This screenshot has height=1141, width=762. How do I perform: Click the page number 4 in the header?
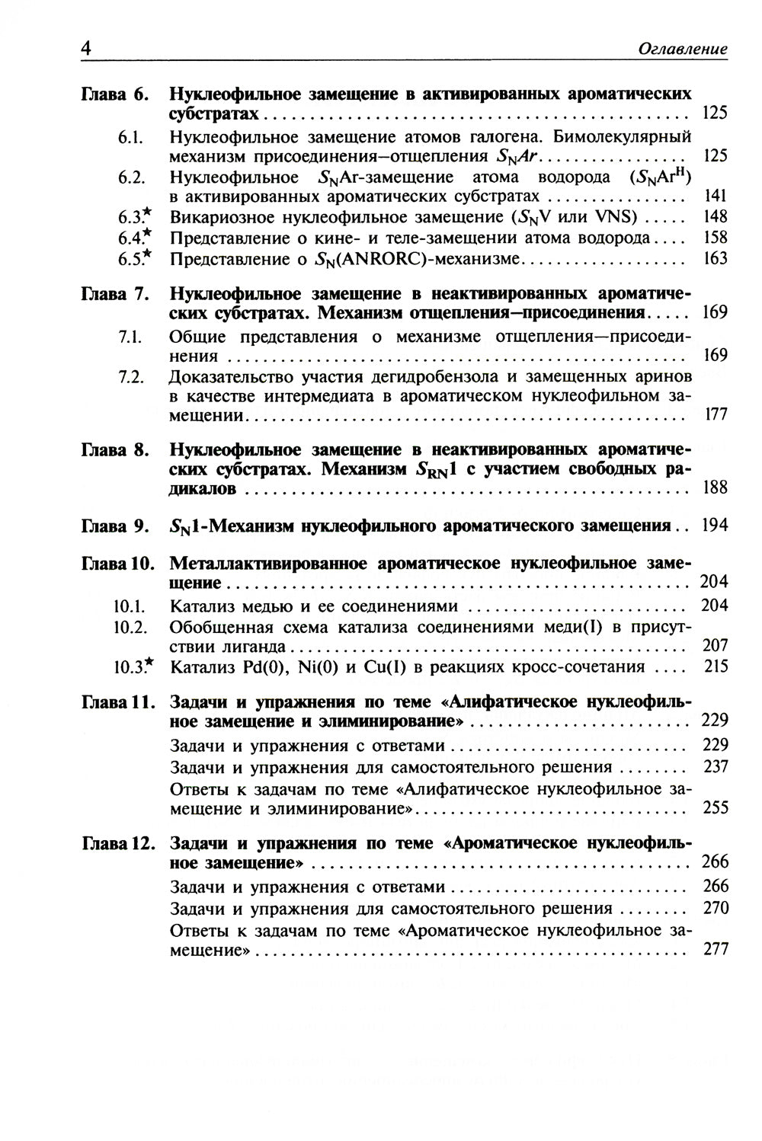86,48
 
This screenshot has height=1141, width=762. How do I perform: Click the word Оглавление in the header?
682,50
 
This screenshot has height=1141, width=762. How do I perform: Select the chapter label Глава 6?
114,94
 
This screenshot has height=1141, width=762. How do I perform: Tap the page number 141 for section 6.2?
716,197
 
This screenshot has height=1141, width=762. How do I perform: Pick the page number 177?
716,414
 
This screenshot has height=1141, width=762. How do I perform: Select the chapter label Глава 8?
114,449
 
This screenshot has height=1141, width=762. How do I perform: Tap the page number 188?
715,487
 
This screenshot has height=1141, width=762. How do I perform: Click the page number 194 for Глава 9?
715,526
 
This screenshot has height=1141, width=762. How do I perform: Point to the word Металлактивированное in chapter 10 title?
266,564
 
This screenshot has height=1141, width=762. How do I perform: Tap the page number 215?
716,667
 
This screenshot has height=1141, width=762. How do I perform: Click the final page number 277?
715,950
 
